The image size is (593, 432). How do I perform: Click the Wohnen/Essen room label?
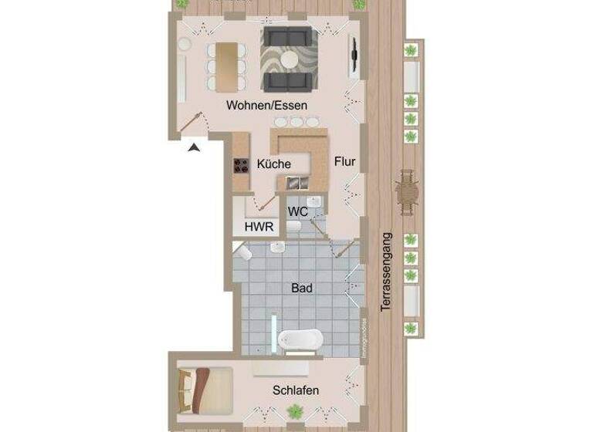pos(267,105)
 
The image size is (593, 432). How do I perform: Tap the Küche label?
pos(274,164)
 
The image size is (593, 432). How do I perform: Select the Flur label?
pos(344,162)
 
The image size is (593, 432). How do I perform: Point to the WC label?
pos(298,211)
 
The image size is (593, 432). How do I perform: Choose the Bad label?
pos(302,289)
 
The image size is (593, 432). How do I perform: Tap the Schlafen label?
pos(296,390)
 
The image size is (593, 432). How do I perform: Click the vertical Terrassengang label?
pos(386,272)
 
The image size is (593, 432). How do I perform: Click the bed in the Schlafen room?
pos(204,388)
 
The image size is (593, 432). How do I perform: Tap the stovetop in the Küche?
pos(241,164)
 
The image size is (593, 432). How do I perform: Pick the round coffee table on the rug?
pos(290,59)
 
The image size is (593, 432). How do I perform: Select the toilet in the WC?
pos(296,226)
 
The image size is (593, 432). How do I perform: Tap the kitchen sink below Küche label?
pos(296,183)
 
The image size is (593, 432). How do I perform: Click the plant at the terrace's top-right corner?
pos(359,5)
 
